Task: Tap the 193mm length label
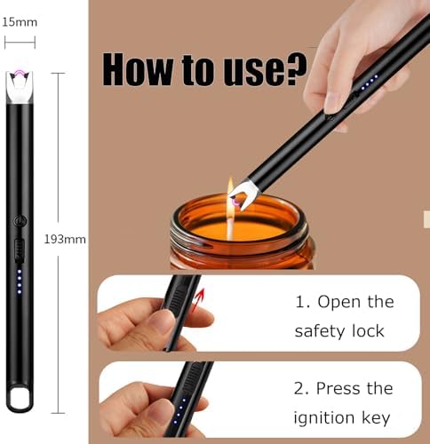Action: click(x=64, y=239)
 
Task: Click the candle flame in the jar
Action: click(x=229, y=191)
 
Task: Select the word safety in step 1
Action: click(x=322, y=331)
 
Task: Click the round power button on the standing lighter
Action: click(x=20, y=221)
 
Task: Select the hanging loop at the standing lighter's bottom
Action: click(x=20, y=394)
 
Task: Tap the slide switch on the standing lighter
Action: click(x=20, y=250)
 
